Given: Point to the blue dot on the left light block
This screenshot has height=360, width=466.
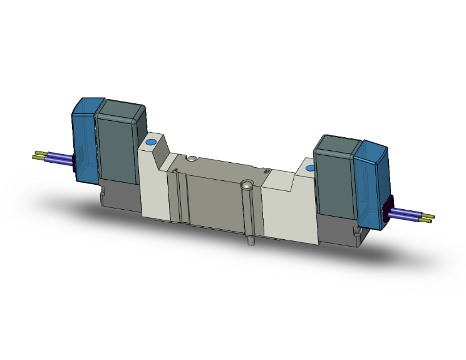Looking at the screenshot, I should (x=151, y=144).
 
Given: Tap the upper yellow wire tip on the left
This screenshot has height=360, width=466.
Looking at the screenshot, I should (x=40, y=153).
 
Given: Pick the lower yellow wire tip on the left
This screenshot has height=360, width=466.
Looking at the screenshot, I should (x=37, y=158).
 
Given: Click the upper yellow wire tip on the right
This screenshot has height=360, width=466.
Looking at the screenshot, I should (x=430, y=216).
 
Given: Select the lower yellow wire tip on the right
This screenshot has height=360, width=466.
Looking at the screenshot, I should (x=427, y=221).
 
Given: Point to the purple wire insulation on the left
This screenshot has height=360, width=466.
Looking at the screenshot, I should (x=60, y=157).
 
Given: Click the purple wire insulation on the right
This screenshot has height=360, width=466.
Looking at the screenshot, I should (x=407, y=216).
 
